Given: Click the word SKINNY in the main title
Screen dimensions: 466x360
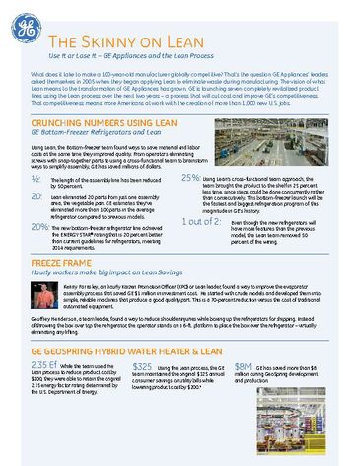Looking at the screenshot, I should coord(111,42).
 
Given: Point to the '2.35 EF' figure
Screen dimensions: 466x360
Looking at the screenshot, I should coord(45,393).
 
